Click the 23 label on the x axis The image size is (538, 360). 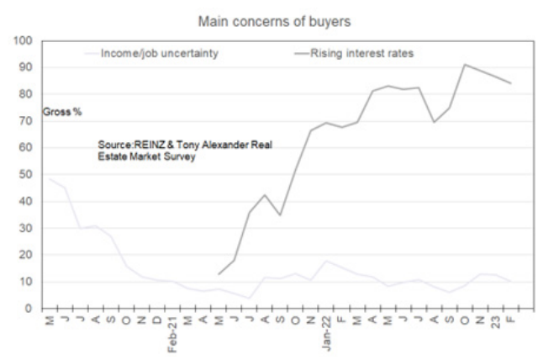[x=478, y=323]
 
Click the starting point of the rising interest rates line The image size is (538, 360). [x=219, y=274]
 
